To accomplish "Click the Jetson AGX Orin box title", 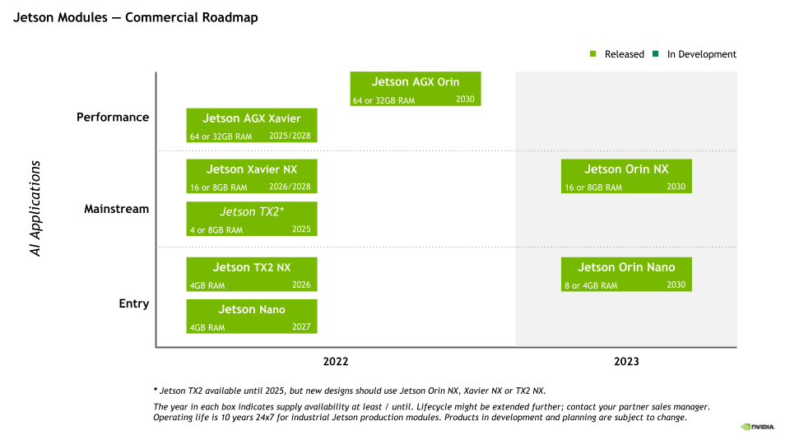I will click(416, 82).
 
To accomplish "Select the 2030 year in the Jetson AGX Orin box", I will click(465, 99).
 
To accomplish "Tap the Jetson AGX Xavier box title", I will click(252, 118).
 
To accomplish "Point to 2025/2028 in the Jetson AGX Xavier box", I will click(290, 135).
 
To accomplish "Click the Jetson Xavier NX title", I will click(252, 169).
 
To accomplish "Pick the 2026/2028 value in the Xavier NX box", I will click(290, 187).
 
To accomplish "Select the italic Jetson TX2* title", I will click(252, 212).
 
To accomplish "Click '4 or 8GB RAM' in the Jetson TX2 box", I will click(216, 230).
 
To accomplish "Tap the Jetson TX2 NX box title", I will click(252, 267).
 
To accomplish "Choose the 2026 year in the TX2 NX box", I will click(301, 284).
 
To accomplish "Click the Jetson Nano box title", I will click(252, 310).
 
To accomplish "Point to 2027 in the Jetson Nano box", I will click(301, 326).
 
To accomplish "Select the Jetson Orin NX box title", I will click(626, 169).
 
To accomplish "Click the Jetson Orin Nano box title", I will click(626, 267).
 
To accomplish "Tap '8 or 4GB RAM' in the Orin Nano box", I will click(591, 286).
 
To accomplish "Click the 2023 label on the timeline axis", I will click(626, 362).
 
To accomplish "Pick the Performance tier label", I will click(113, 118).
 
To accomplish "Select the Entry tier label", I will click(134, 304).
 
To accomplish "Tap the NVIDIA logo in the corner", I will click(757, 427).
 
